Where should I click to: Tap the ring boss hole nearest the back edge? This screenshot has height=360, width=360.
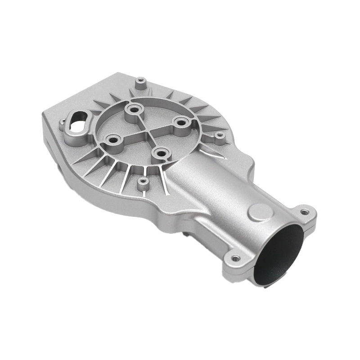click(133, 109)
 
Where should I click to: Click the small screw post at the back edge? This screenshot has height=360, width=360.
click(141, 82)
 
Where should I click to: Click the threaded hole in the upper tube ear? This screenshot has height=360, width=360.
click(306, 210)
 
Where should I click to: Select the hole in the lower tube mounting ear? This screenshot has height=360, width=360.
click(235, 258)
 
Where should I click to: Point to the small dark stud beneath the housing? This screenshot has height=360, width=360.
click(185, 235)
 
